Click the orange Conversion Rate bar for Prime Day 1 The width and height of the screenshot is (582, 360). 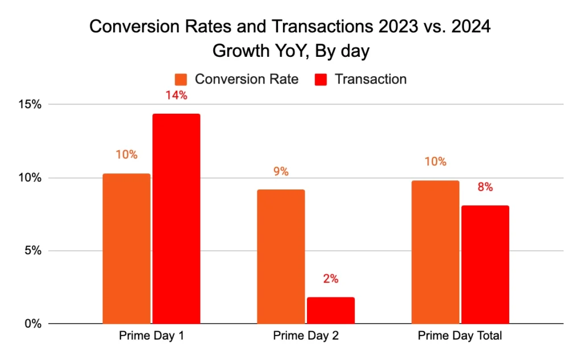click(x=126, y=249)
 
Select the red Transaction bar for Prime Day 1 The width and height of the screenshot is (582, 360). click(x=176, y=219)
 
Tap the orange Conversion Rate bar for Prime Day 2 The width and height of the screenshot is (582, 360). click(x=281, y=256)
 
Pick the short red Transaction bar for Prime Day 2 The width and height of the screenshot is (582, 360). click(x=331, y=311)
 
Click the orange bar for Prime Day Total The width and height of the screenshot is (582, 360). click(x=435, y=252)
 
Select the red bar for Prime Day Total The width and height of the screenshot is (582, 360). click(x=485, y=264)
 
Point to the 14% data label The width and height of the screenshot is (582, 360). click(x=176, y=96)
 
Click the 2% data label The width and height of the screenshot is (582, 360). click(x=331, y=279)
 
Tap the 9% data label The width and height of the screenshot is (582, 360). click(x=281, y=171)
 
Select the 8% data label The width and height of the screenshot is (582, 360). click(x=485, y=187)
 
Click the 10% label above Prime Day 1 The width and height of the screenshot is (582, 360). click(x=126, y=155)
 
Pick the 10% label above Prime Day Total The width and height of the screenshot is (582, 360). click(x=435, y=162)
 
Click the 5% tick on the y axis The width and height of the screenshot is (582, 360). click(x=33, y=251)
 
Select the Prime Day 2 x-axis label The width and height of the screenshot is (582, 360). click(x=306, y=336)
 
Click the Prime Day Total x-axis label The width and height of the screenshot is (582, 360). click(x=460, y=336)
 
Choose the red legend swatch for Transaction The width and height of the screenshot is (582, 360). click(x=322, y=80)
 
